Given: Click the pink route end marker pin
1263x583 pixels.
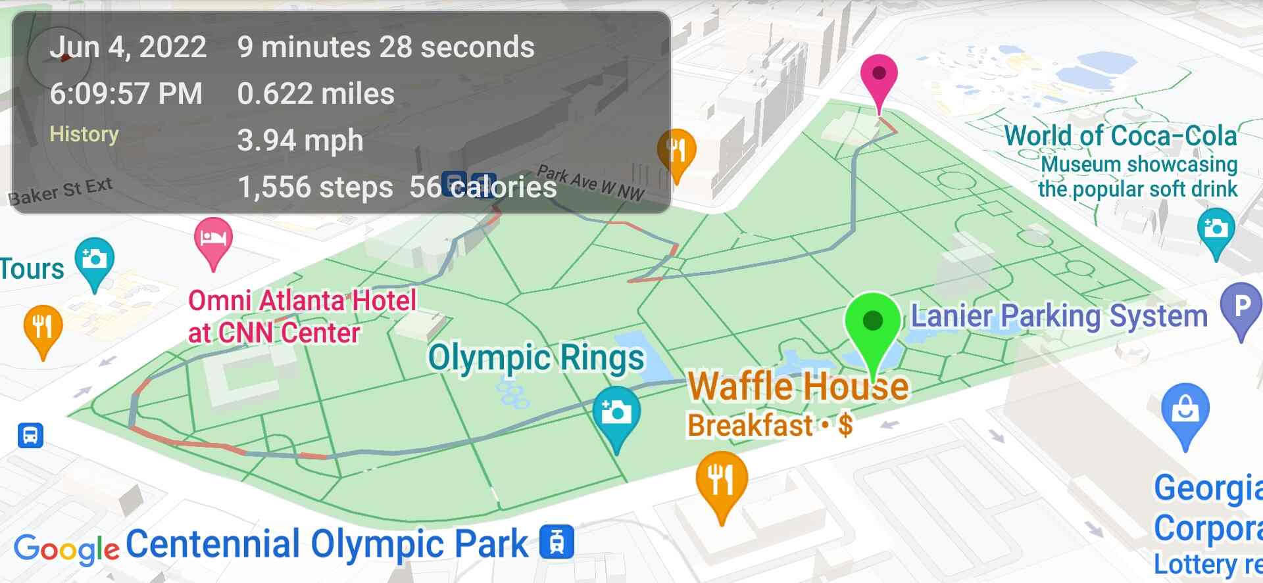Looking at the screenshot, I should [879, 78].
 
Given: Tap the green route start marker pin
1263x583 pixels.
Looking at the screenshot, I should [872, 324].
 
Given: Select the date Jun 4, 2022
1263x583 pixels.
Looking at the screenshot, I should [128, 47].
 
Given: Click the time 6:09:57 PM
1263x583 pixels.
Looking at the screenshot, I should [126, 93].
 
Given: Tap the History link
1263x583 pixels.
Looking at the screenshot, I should [84, 134].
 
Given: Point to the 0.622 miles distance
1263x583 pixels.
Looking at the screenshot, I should [316, 93].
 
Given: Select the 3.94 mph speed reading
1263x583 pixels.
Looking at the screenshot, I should [300, 140].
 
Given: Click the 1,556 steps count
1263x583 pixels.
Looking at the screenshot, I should [315, 187].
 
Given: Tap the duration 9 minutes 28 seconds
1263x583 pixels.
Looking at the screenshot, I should [385, 47].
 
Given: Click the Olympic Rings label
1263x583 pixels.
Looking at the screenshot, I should [536, 358].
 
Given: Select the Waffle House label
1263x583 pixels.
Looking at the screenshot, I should [798, 386].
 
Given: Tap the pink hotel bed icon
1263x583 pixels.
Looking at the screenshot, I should [213, 238].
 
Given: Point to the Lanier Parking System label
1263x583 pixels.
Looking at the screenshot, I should [1059, 316].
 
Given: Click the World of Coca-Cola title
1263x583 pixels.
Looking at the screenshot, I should [1120, 136].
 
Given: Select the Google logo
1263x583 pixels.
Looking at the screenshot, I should [66, 549].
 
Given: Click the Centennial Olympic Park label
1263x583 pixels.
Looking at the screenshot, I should [327, 544].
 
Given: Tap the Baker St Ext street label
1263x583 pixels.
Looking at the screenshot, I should [60, 191].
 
